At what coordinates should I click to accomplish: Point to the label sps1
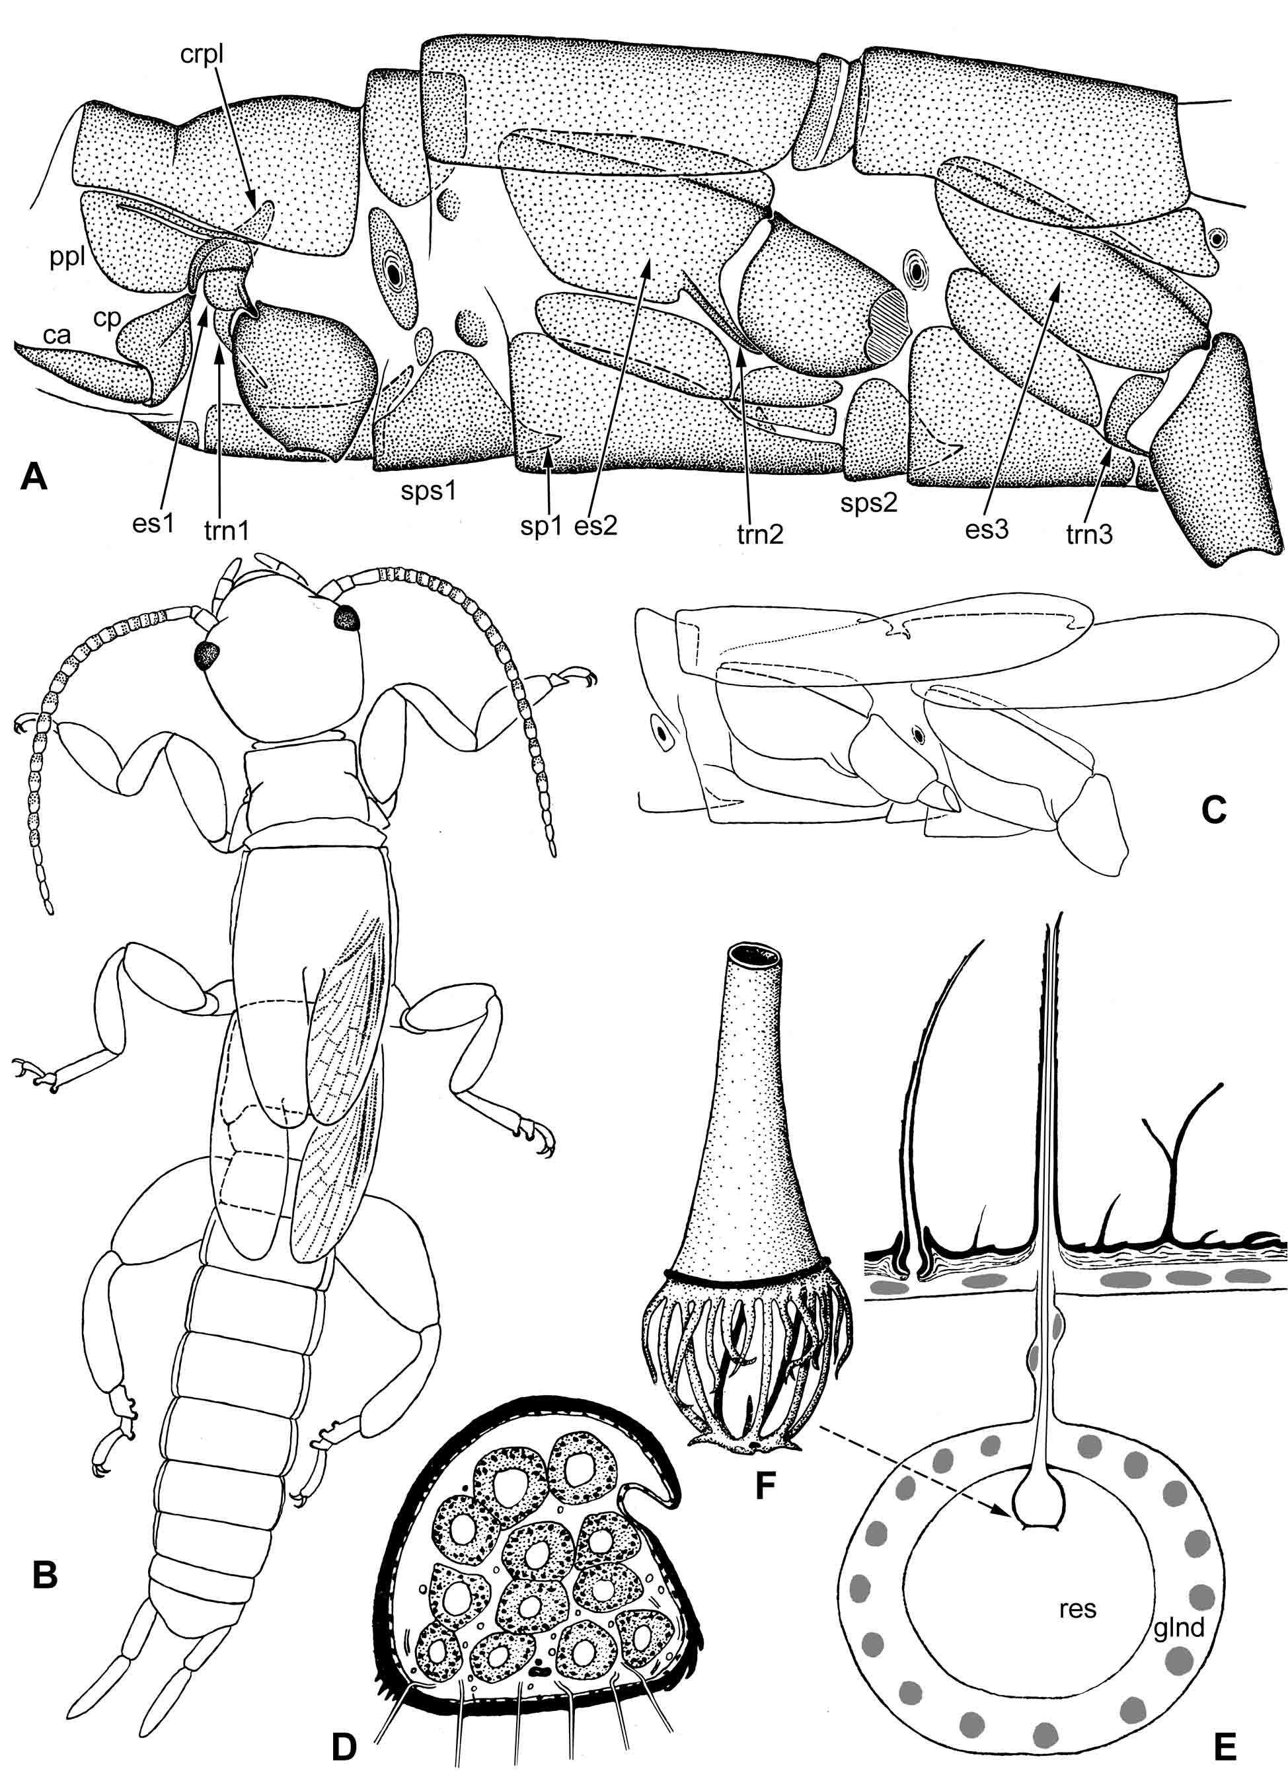pyautogui.click(x=426, y=493)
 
